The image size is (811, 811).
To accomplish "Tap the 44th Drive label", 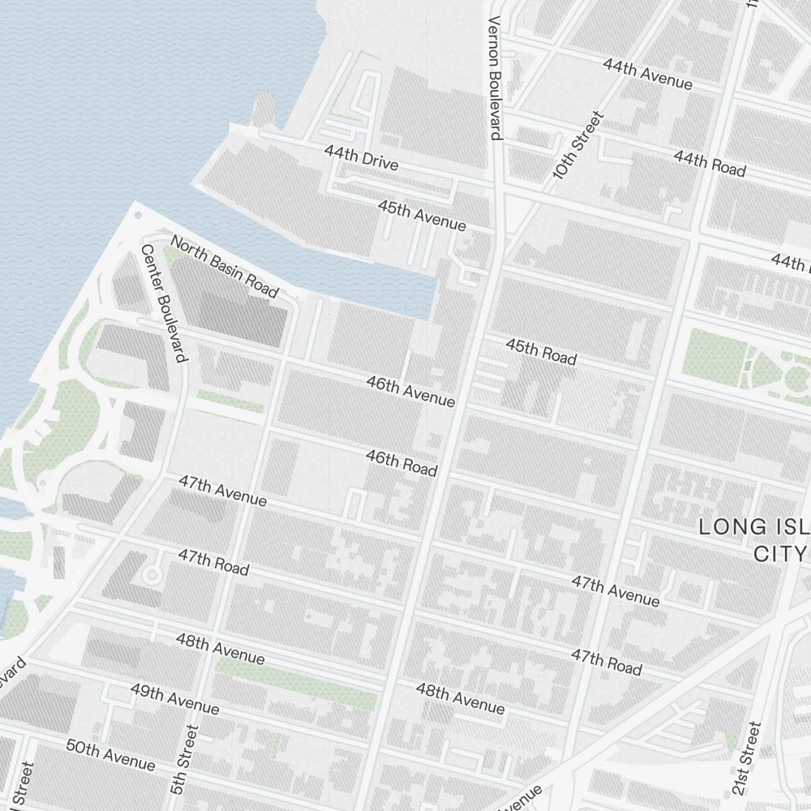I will (x=361, y=157).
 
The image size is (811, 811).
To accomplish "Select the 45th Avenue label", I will (x=422, y=215).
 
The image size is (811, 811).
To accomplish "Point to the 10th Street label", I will (x=579, y=145).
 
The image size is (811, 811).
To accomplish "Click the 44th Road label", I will (x=709, y=163).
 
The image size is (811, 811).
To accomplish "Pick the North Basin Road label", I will (x=224, y=266).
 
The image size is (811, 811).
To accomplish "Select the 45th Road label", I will (x=541, y=351).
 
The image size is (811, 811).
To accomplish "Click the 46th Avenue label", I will (x=410, y=391).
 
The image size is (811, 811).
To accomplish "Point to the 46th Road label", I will (x=401, y=463).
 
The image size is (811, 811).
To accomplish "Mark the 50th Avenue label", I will (x=110, y=754).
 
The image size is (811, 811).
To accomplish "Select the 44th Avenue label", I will (x=647, y=74).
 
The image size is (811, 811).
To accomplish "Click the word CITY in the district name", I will (x=779, y=554).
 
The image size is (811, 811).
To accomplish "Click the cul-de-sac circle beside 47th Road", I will (x=151, y=574).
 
